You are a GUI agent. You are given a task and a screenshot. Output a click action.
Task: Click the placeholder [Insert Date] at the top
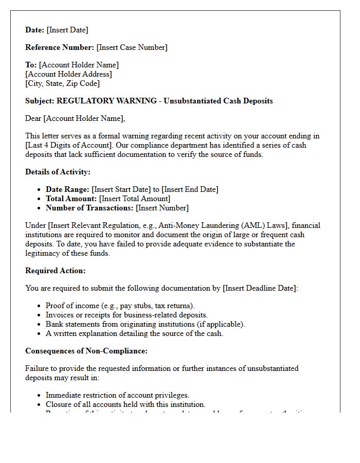(x=67, y=30)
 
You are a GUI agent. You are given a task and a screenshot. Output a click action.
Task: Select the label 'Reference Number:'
(x=60, y=47)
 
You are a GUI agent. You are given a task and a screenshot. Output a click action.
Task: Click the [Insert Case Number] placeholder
(x=132, y=47)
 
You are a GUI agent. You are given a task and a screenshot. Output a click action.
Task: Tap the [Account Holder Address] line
(x=68, y=74)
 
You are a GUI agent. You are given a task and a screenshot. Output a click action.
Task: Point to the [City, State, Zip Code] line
(x=62, y=83)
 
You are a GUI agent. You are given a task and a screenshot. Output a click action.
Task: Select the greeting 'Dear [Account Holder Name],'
(x=75, y=118)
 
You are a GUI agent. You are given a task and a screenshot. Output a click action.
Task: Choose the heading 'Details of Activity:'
(x=58, y=172)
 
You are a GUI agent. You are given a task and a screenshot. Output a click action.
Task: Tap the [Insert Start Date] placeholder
(x=121, y=189)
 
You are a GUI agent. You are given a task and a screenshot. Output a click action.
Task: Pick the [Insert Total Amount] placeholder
(x=135, y=199)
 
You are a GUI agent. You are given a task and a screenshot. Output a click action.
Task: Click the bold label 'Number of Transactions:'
(x=89, y=208)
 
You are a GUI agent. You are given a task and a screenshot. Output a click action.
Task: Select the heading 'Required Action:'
(x=56, y=271)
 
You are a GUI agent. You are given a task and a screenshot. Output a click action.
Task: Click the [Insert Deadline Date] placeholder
(x=260, y=288)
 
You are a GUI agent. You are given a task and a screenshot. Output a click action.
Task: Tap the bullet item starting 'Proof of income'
(x=120, y=306)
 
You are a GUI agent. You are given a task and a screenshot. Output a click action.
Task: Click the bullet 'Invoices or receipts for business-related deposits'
(x=127, y=315)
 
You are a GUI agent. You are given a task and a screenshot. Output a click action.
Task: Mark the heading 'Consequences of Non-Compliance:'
(x=86, y=351)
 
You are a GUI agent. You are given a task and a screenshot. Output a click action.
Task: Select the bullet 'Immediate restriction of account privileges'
(x=117, y=395)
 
